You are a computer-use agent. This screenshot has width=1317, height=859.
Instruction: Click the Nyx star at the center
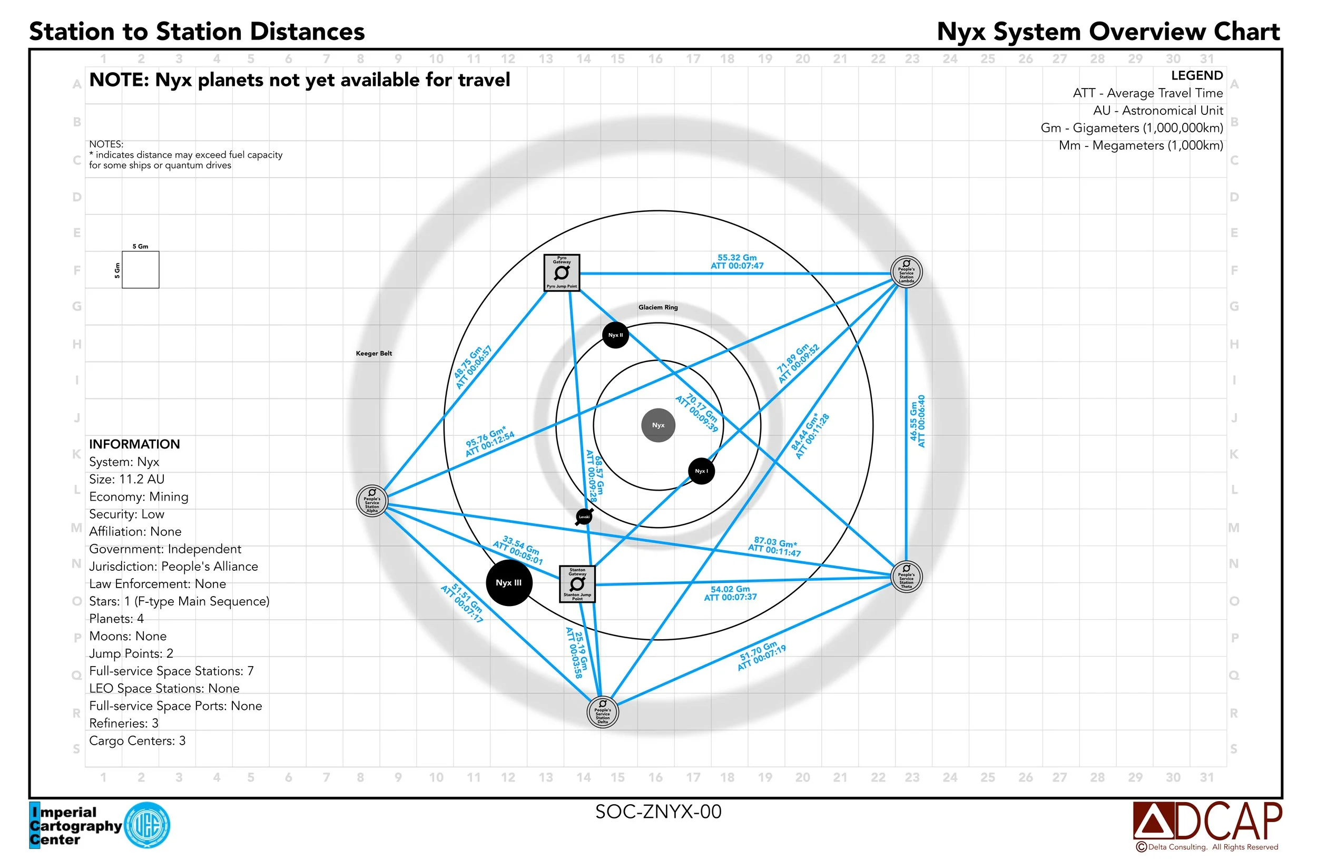(x=658, y=425)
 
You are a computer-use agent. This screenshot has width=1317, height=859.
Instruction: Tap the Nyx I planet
(x=701, y=471)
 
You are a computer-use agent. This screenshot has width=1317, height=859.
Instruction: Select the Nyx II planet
(x=615, y=335)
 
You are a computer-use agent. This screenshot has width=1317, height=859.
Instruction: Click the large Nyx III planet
(x=508, y=583)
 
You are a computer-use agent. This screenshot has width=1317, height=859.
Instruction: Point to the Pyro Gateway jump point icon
(x=562, y=272)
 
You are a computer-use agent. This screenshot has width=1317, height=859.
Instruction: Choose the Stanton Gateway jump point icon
(x=577, y=584)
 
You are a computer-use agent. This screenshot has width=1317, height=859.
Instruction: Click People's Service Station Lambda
(x=906, y=272)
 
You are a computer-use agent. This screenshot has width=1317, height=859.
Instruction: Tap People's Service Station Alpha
(x=372, y=500)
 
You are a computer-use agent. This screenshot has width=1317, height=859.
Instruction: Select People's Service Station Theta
(x=906, y=577)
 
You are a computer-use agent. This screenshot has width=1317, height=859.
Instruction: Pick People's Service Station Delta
(x=603, y=712)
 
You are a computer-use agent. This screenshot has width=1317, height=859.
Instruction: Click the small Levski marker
(x=584, y=517)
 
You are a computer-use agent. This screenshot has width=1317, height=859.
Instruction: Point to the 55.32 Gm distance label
(x=737, y=262)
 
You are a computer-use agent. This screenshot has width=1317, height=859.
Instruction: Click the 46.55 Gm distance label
(x=917, y=421)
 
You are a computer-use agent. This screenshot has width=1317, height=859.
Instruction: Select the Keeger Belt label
(x=374, y=353)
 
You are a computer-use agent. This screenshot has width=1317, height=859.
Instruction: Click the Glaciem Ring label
(x=658, y=307)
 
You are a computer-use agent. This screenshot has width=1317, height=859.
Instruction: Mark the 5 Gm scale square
(x=141, y=269)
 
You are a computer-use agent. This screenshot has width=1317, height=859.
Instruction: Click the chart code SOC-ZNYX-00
(x=658, y=812)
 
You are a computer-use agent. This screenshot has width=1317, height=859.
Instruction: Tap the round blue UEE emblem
(x=147, y=825)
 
